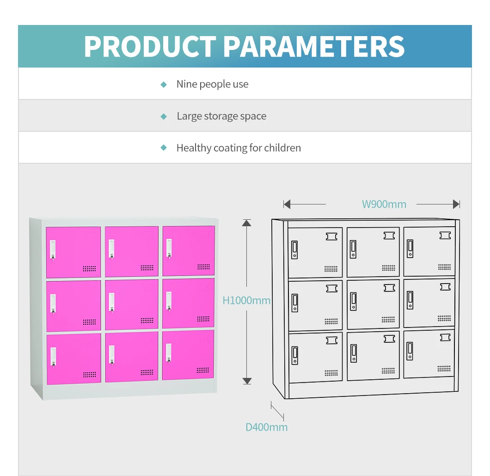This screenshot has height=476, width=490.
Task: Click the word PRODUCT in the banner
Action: click(x=150, y=46)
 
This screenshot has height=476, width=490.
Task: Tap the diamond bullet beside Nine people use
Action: click(x=163, y=85)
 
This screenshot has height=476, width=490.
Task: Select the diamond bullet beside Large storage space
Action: click(x=163, y=117)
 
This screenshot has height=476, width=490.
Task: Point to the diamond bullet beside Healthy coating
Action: click(x=163, y=148)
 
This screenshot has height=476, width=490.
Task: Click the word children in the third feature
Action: click(x=282, y=148)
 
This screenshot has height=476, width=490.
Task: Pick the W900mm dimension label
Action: click(x=384, y=204)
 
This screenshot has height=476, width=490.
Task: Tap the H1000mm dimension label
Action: click(x=246, y=301)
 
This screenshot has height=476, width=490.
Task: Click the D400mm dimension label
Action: click(x=266, y=427)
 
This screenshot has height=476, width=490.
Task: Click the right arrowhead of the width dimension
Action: click(x=456, y=204)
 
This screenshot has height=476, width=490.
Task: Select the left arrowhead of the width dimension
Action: click(x=287, y=204)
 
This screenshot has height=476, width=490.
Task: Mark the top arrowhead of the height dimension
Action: click(x=247, y=223)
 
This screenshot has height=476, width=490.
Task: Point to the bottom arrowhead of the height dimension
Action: click(x=247, y=381)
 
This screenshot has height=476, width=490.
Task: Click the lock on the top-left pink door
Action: click(x=53, y=249)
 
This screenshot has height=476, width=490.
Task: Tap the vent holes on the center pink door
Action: click(x=147, y=320)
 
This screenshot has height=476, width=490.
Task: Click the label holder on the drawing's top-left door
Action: click(x=331, y=236)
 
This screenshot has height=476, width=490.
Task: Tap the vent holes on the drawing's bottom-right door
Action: click(x=444, y=369)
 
